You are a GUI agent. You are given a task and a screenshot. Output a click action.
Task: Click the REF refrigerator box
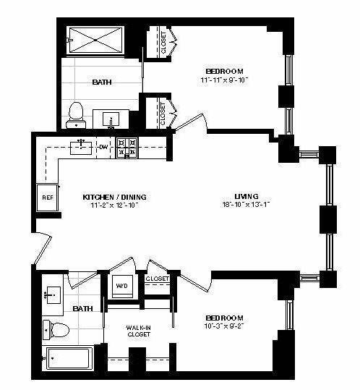click(x=48, y=198)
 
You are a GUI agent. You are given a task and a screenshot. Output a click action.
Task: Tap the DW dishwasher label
click(x=103, y=147)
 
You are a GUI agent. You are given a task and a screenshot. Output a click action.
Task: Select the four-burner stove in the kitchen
click(x=127, y=148)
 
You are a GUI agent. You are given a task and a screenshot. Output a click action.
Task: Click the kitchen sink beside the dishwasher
click(x=81, y=148)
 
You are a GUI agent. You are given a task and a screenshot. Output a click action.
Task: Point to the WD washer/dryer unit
click(x=122, y=286)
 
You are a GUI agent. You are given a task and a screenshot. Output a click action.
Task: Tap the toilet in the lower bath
click(x=56, y=330)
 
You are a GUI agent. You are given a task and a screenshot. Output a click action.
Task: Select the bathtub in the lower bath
click(x=69, y=359)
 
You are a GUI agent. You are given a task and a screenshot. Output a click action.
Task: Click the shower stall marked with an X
click(x=95, y=40)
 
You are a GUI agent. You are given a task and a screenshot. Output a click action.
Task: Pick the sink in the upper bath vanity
click(x=111, y=119)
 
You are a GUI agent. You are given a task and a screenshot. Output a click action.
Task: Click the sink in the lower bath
click(x=53, y=295)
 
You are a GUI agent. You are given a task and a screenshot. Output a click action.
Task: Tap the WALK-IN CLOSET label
click(x=139, y=331)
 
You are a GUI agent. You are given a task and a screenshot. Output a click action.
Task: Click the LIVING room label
click(x=247, y=197)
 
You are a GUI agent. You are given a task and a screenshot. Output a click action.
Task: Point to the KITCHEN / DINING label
click(x=114, y=198)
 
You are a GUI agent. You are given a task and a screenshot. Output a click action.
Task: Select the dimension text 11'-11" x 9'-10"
click(x=224, y=80)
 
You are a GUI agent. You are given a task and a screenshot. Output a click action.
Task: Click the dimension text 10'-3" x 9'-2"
click(x=224, y=326)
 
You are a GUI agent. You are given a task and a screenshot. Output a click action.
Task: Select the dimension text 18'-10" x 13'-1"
click(x=247, y=205)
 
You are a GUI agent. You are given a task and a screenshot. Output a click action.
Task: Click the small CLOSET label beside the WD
click(x=158, y=279)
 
